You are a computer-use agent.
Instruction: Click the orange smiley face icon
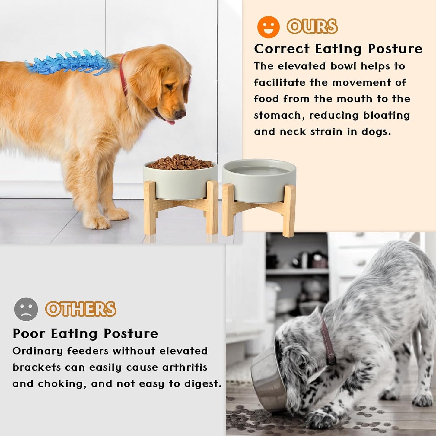pos(268,27)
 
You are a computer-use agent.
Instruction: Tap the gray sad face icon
pos(26,309)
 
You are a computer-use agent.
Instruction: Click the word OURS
pos(312,27)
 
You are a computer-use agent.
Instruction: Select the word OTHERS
pos(81,309)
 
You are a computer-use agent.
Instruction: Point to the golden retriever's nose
pos(181,114)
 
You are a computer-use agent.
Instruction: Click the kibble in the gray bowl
pos(180,162)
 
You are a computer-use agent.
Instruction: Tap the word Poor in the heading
pos(29,334)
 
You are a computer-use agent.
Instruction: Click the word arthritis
pos(185,367)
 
